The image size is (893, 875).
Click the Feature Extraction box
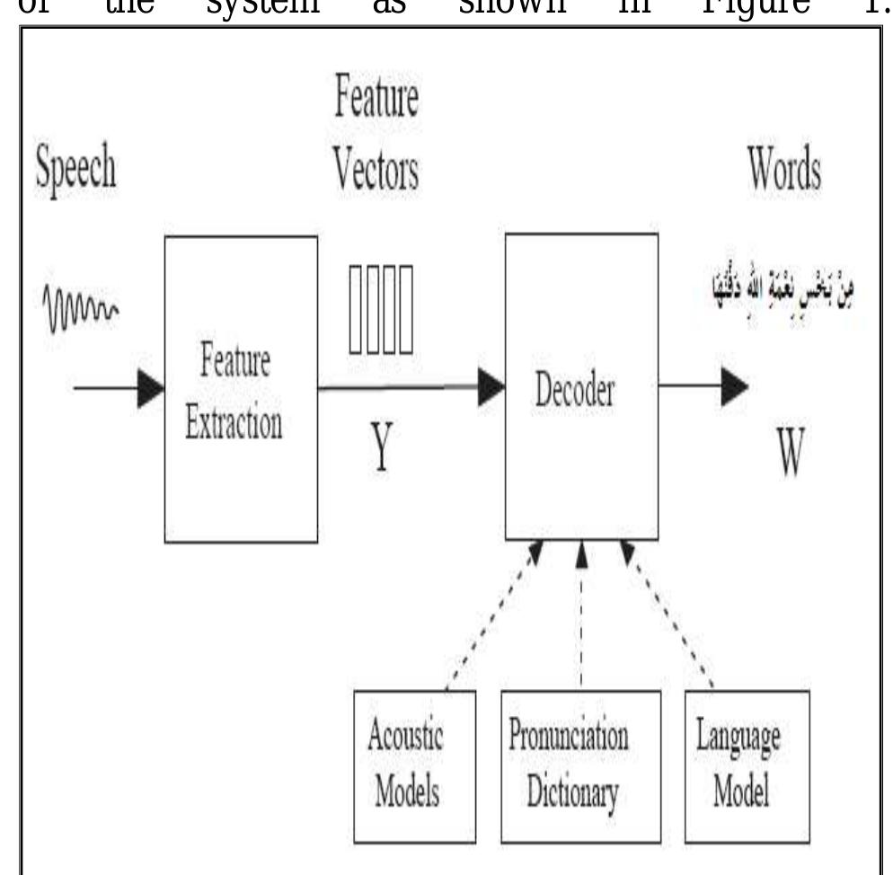click(x=241, y=388)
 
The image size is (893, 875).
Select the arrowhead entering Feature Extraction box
click(x=151, y=388)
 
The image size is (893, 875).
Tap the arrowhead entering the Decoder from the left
click(x=490, y=387)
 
